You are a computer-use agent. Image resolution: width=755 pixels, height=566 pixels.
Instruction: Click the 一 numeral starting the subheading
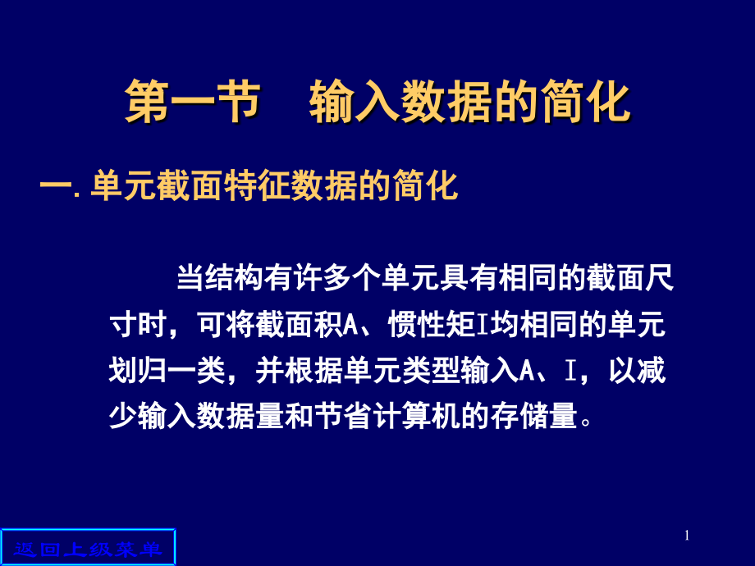point(56,187)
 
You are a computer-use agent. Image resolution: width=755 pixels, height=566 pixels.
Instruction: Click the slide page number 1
point(687,536)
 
